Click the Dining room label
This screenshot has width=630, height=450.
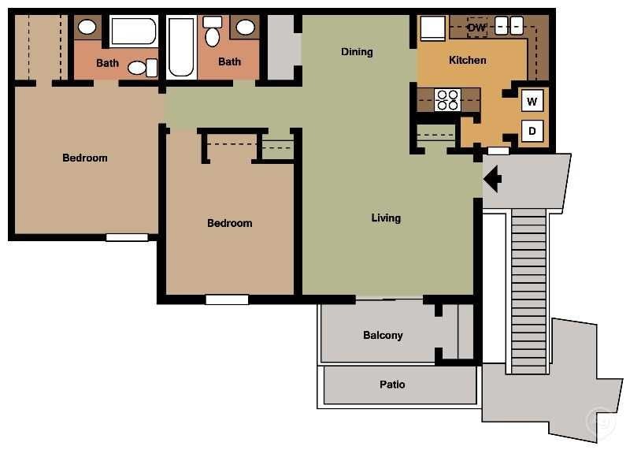(x=357, y=52)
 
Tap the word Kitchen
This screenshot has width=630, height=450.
(x=467, y=60)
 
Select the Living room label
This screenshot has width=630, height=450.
(x=386, y=218)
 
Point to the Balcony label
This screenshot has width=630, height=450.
(x=383, y=335)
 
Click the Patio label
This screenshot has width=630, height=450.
(x=392, y=385)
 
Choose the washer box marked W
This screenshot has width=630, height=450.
(x=532, y=101)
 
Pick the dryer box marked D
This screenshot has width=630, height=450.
(x=532, y=131)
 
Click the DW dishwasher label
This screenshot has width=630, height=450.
(x=476, y=28)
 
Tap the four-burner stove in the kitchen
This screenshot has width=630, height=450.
(x=447, y=100)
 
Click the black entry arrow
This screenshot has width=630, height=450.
(x=492, y=180)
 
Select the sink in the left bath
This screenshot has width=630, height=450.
(x=87, y=28)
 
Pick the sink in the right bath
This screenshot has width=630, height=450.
(x=246, y=28)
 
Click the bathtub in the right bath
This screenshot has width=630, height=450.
(x=181, y=47)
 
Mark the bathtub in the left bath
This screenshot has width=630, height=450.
(x=133, y=32)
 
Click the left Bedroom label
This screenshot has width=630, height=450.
(x=85, y=158)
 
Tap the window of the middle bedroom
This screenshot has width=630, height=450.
(x=227, y=299)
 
